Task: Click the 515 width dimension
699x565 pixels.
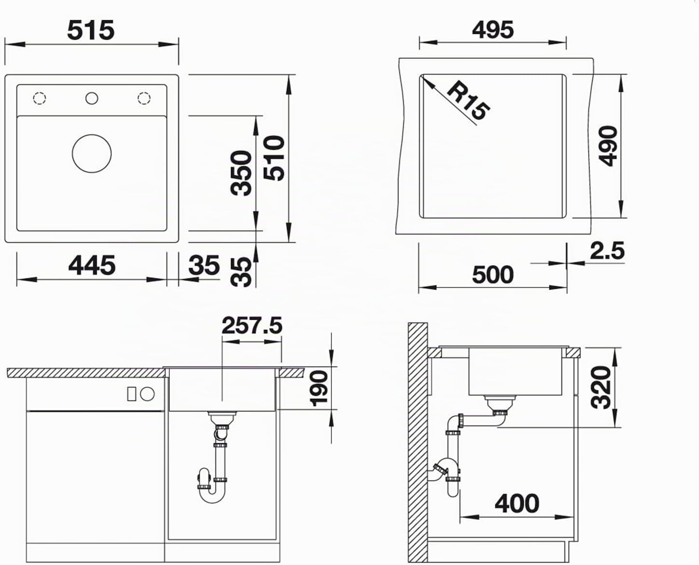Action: coord(91,30)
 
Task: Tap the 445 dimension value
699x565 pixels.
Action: coord(92,265)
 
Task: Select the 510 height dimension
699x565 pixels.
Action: coord(274,158)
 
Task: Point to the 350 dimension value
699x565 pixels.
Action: coord(241,173)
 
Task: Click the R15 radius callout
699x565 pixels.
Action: coord(467,101)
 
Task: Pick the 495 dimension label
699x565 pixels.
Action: coord(493,29)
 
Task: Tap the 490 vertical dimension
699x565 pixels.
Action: coord(607,146)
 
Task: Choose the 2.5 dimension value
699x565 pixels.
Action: coord(607,251)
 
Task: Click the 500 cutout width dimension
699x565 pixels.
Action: coord(493,275)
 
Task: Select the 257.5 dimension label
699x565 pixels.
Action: coord(252,325)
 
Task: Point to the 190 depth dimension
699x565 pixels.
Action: coord(319,388)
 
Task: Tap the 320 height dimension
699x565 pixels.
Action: coord(601,387)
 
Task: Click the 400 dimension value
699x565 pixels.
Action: coord(517,504)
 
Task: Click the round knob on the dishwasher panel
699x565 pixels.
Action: coord(147,394)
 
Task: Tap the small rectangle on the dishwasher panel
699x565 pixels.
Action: coord(132,394)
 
